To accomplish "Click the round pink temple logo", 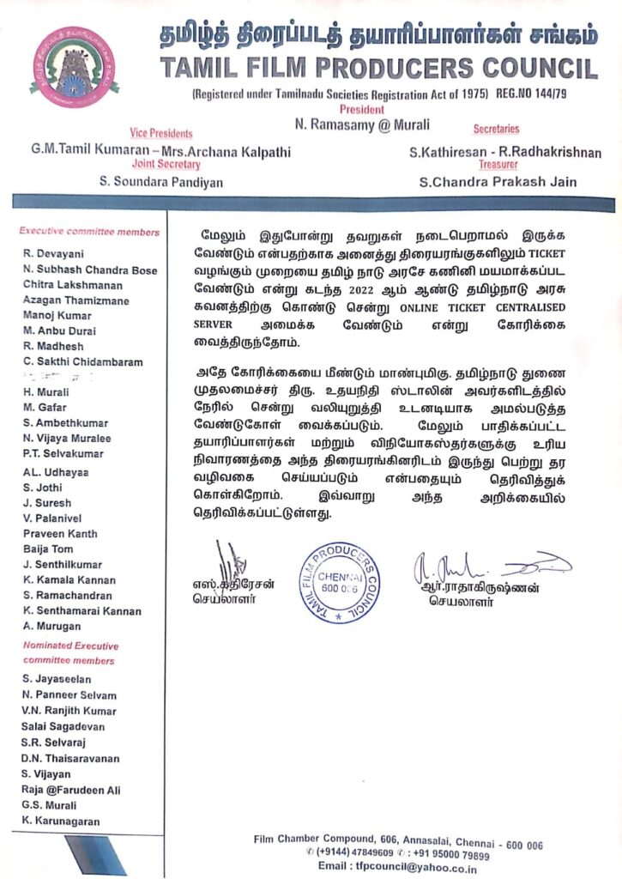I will [74, 67].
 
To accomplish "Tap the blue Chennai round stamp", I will [339, 581].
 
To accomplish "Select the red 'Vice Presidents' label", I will [161, 133].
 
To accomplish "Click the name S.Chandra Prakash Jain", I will [498, 181].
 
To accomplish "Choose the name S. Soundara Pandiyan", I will [161, 181].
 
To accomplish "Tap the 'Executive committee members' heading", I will [89, 232].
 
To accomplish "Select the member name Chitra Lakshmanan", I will [73, 285].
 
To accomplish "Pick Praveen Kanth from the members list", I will [60, 533].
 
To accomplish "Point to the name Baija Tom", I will [48, 549].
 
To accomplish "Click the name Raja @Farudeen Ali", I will [71, 790].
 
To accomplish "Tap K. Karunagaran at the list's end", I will [61, 821].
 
